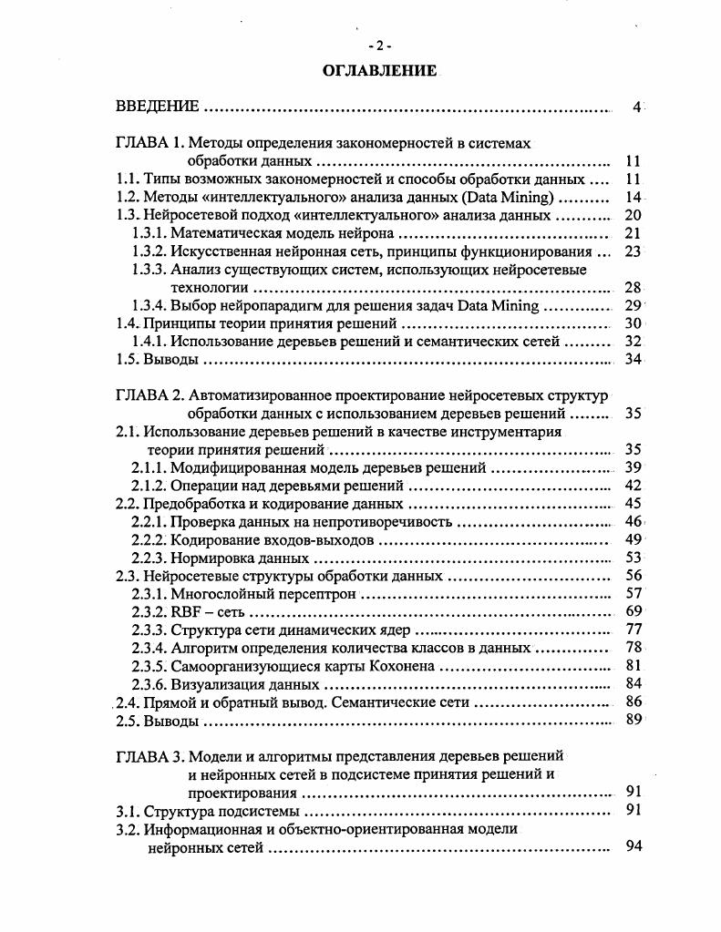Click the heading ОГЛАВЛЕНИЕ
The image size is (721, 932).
pyautogui.click(x=380, y=70)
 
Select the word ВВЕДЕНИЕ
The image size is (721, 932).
pyautogui.click(x=158, y=108)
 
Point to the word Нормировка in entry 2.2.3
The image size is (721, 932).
pyautogui.click(x=212, y=558)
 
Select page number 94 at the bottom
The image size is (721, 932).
pyautogui.click(x=634, y=846)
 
